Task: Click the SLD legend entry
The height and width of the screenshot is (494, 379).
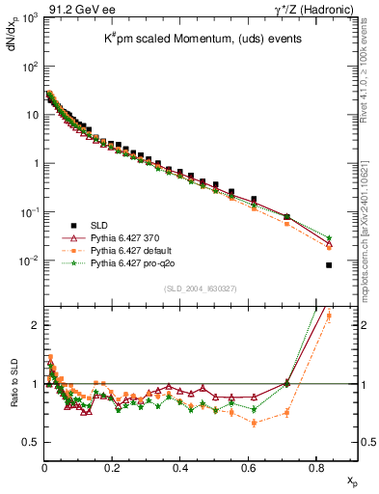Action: click(96, 225)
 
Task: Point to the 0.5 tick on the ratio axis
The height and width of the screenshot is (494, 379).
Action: click(29, 442)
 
